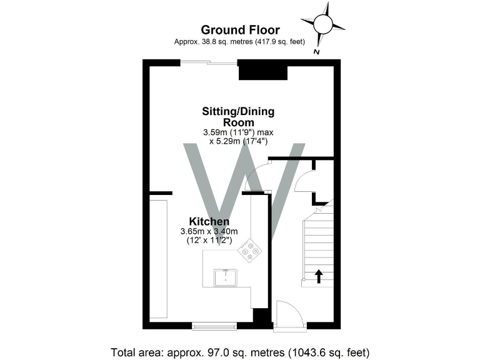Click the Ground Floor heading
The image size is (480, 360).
coord(240,29)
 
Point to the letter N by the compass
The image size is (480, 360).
coord(317,52)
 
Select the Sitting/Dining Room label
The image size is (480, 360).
coord(238,117)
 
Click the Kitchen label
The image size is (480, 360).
coord(209,222)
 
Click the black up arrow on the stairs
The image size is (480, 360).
coord(319,276)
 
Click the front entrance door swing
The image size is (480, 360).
coord(289,313)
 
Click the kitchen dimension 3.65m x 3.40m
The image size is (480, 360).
coord(209,231)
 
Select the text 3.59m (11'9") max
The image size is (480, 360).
coord(238,132)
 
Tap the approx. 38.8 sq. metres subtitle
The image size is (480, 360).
coord(240,42)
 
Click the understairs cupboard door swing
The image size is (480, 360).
coord(306,182)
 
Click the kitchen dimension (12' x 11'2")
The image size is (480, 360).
coord(209,240)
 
